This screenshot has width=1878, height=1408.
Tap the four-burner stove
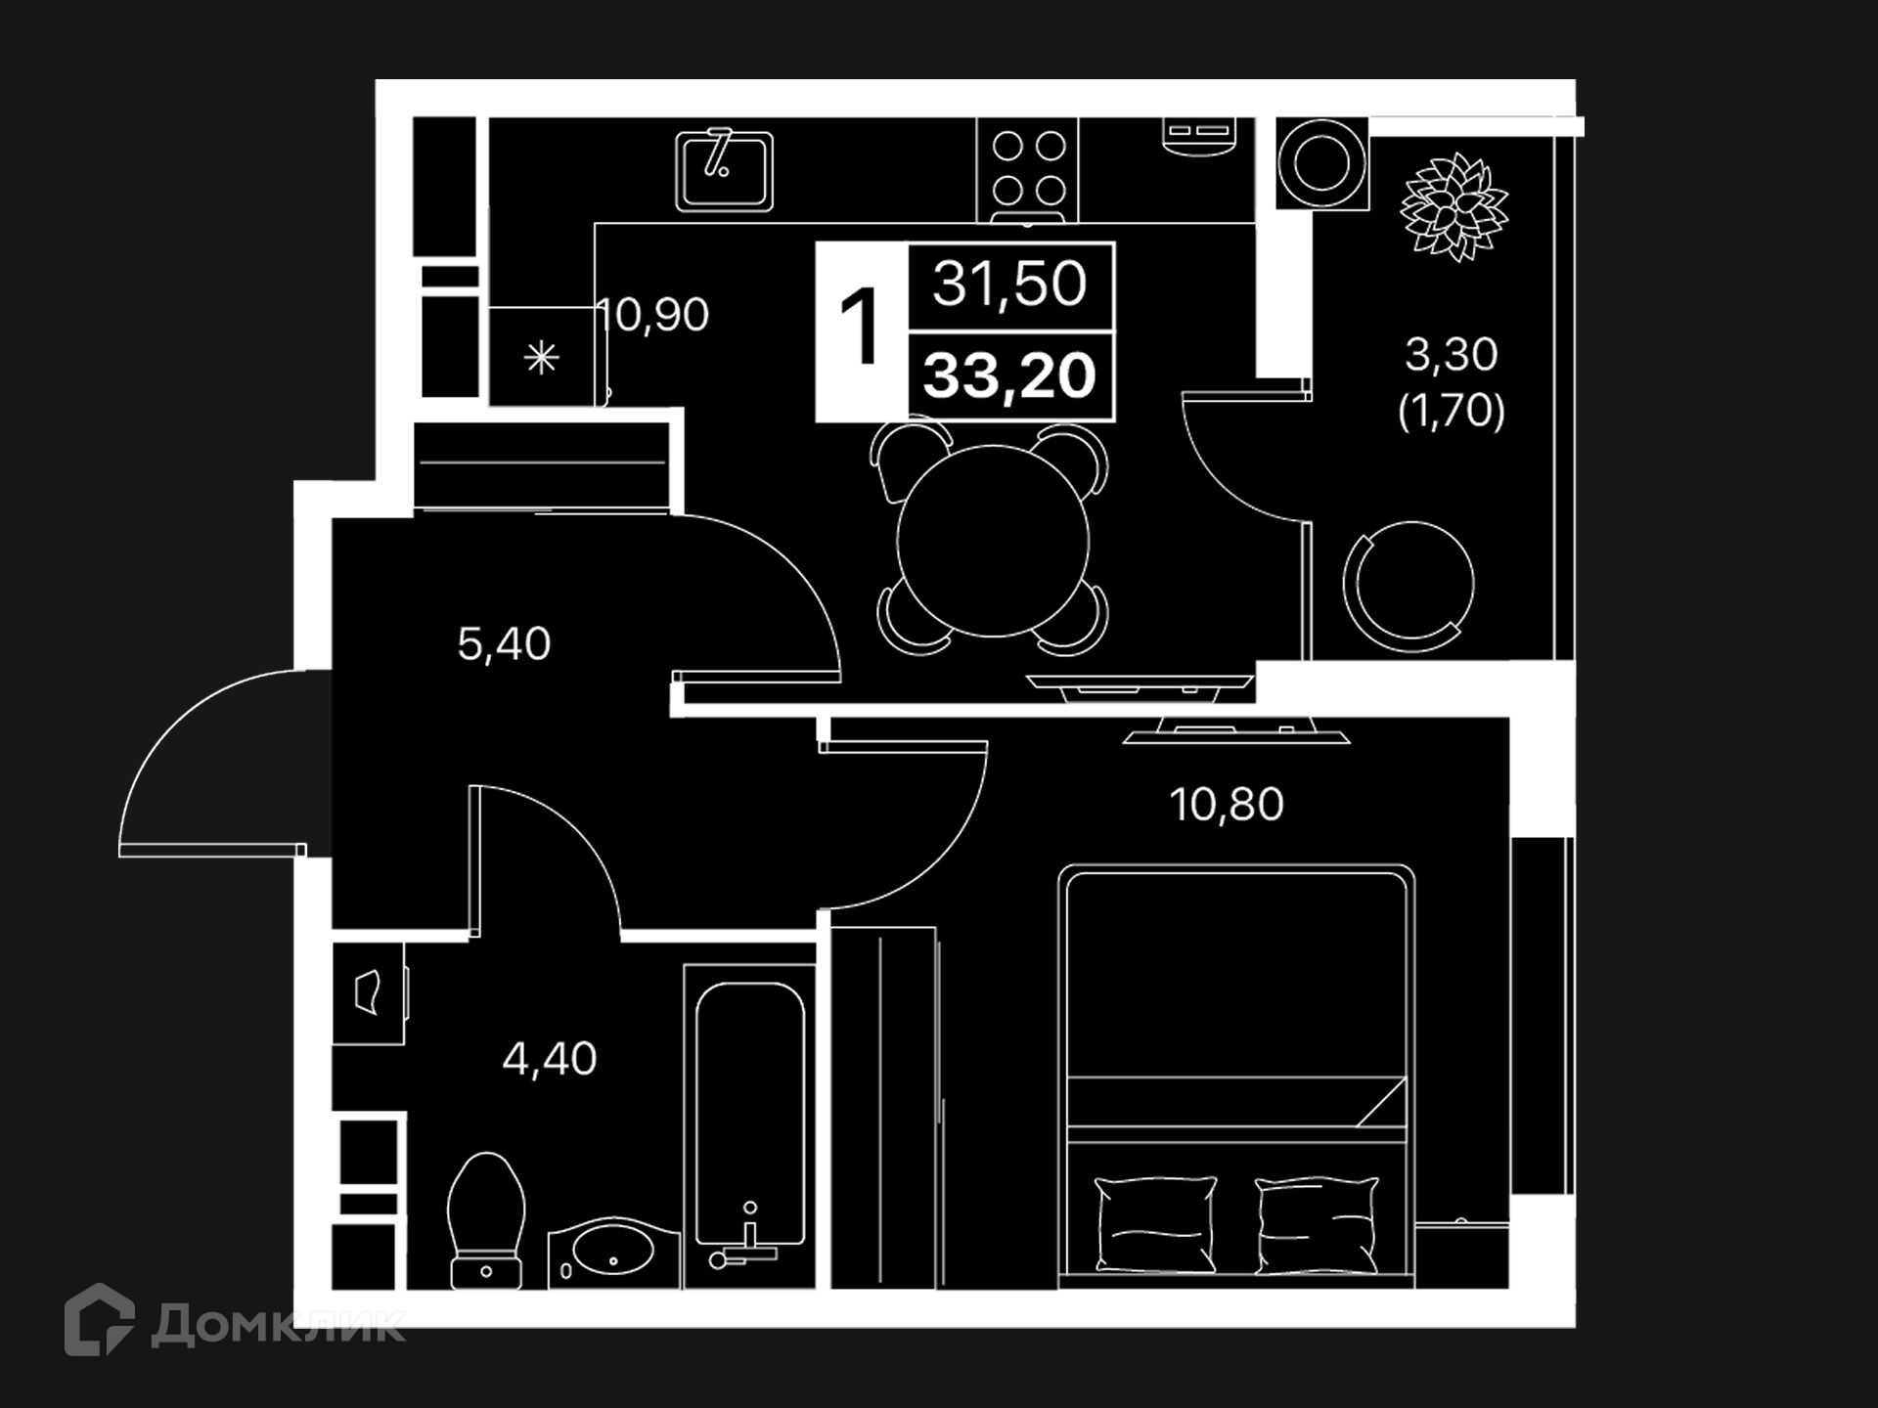pyautogui.click(x=1028, y=170)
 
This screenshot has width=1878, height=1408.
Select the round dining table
pyautogui.click(x=993, y=541)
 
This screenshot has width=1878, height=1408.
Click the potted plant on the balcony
pyautogui.click(x=1454, y=206)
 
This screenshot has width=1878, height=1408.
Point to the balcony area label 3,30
pyautogui.click(x=1452, y=354)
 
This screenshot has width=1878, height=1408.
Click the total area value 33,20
pyautogui.click(x=1009, y=375)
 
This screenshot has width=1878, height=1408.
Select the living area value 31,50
pyautogui.click(x=1009, y=284)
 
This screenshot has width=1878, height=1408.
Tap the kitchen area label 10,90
pyautogui.click(x=652, y=315)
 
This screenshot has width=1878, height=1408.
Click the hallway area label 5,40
pyautogui.click(x=504, y=644)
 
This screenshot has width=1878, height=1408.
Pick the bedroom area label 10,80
pyautogui.click(x=1227, y=805)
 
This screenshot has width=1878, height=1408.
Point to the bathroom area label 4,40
pyautogui.click(x=550, y=1059)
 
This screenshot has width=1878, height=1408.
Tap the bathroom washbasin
pyautogui.click(x=613, y=1254)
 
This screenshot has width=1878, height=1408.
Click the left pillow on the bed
pyautogui.click(x=1155, y=1223)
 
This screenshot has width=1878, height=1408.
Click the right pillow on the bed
pyautogui.click(x=1317, y=1224)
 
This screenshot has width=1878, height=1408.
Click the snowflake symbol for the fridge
pyautogui.click(x=541, y=358)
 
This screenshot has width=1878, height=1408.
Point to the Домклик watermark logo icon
pyautogui.click(x=100, y=1319)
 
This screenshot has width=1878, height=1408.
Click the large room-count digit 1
pyautogui.click(x=860, y=327)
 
